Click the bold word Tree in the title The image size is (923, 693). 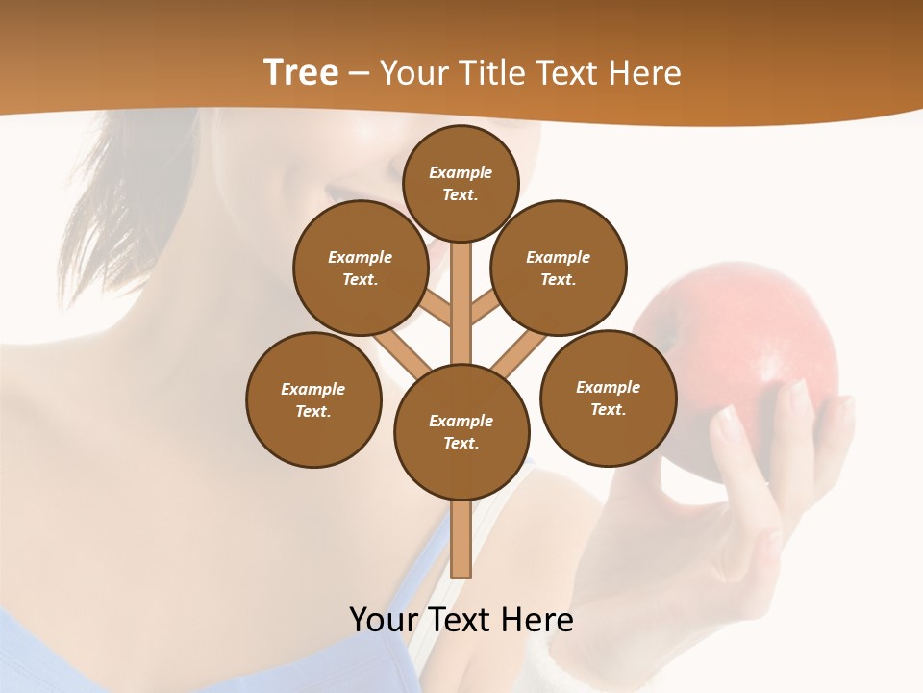[301, 73]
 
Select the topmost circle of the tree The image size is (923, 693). [461, 183]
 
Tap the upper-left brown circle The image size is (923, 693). [361, 268]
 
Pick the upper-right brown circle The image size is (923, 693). [559, 268]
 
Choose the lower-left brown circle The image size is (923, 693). [313, 399]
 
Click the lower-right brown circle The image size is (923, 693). [608, 398]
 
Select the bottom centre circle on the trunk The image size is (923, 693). [461, 431]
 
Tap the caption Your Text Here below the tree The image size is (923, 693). [461, 619]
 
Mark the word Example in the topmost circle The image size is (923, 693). [461, 172]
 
